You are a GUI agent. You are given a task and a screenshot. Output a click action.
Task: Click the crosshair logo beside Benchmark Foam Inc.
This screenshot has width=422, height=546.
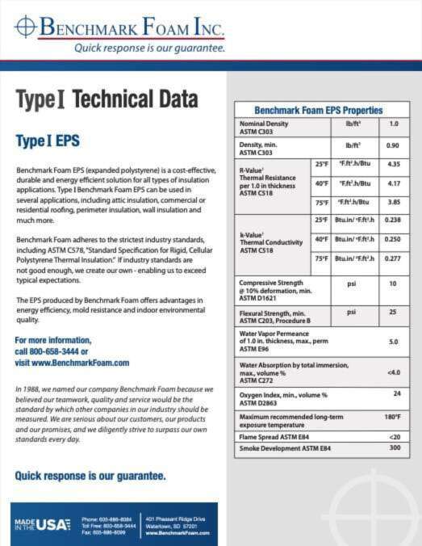pyautogui.click(x=25, y=27)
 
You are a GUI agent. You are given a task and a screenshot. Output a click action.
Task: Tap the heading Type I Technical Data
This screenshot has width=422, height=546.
pyautogui.click(x=107, y=100)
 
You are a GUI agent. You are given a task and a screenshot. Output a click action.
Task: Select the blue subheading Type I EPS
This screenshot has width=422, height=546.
pyautogui.click(x=48, y=141)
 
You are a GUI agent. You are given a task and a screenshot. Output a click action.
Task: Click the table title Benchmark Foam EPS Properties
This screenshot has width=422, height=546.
pyautogui.click(x=318, y=110)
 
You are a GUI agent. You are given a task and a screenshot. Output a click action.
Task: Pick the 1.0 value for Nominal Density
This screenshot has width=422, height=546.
pyautogui.click(x=394, y=124)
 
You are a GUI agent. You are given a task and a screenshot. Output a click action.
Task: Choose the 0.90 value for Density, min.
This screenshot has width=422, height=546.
pyautogui.click(x=393, y=145)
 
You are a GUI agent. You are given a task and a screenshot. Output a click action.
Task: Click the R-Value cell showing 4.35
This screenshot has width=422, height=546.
pyautogui.click(x=394, y=164)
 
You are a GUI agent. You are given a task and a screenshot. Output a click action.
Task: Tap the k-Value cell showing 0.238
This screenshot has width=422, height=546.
pyautogui.click(x=394, y=220)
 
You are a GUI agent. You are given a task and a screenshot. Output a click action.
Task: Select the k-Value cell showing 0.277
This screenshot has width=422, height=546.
pyautogui.click(x=394, y=258)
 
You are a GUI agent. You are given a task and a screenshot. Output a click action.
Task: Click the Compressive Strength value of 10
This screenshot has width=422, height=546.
pyautogui.click(x=394, y=284)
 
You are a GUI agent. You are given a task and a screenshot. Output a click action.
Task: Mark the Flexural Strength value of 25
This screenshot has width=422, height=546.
pyautogui.click(x=394, y=311)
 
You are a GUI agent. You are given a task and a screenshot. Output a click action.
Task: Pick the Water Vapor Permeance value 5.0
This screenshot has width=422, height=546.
pyautogui.click(x=394, y=342)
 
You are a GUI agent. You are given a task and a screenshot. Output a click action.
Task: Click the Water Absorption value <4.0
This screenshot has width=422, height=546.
pyautogui.click(x=394, y=372)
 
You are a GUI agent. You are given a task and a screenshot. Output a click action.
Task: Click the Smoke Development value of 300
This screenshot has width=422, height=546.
pyautogui.click(x=395, y=447)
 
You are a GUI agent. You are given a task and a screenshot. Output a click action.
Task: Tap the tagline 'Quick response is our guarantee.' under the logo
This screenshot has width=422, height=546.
pyautogui.click(x=149, y=48)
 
